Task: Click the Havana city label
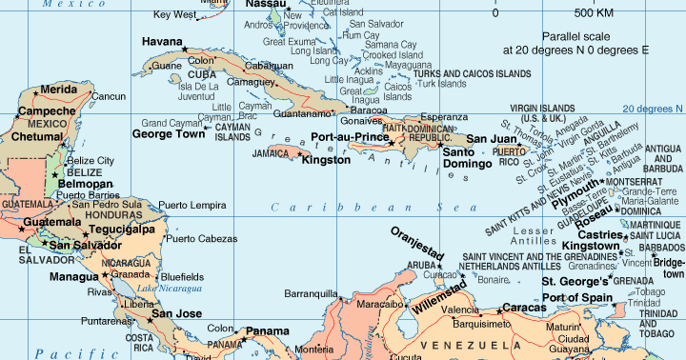pyautogui.click(x=162, y=42)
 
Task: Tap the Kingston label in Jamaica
pyautogui.click(x=325, y=159)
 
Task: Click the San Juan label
pyautogui.click(x=490, y=139)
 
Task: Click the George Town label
pyautogui.click(x=168, y=134)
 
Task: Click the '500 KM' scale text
pyautogui.click(x=595, y=13)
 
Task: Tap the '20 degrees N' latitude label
pyautogui.click(x=653, y=108)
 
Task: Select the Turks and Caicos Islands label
pyautogui.click(x=472, y=72)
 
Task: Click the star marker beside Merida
pyautogui.click(x=37, y=91)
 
